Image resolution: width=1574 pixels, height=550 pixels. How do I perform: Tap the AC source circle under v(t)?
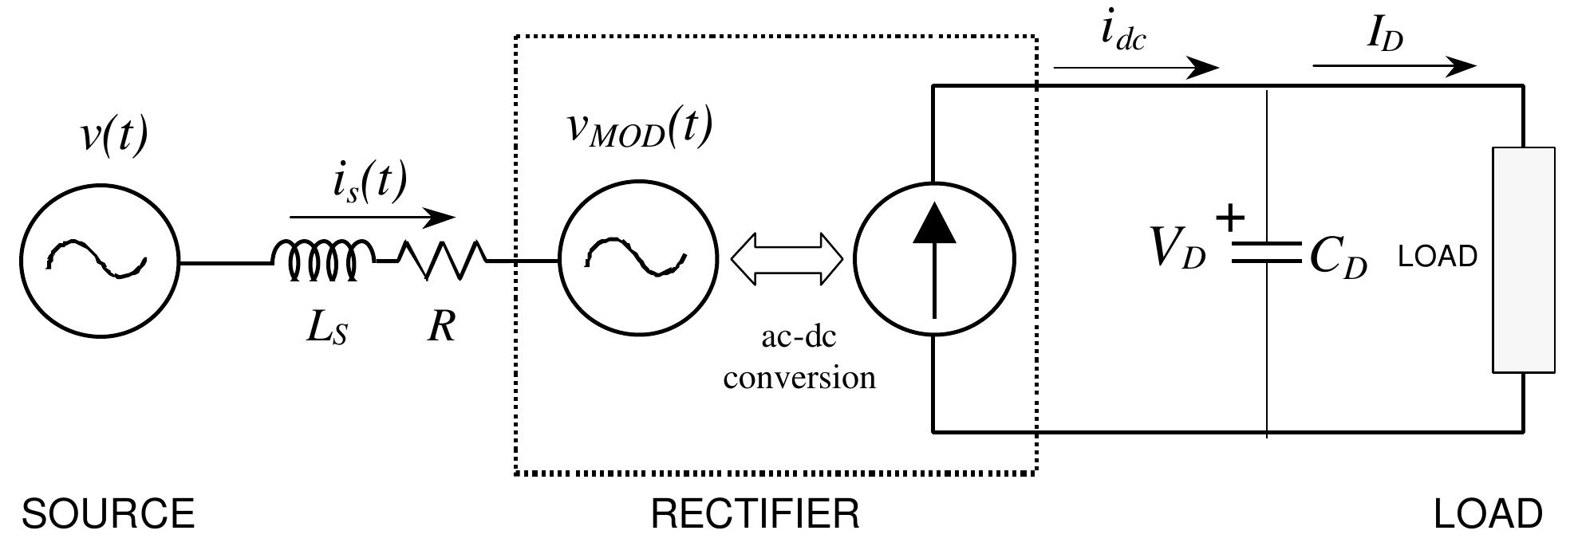pos(99,259)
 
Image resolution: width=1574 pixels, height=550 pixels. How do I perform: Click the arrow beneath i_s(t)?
pos(372,217)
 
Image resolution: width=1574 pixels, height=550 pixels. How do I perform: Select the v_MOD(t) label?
pos(638,130)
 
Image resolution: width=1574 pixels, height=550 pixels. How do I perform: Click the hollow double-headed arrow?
pos(787,259)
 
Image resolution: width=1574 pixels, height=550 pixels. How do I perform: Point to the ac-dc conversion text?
pos(799,357)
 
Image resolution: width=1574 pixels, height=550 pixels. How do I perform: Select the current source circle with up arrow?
pos(934,259)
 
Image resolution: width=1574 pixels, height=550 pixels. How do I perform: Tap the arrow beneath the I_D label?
pos(1393,66)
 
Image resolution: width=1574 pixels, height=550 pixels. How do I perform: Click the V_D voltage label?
pos(1178,249)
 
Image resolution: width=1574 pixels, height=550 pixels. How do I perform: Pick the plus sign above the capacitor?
pos(1230,218)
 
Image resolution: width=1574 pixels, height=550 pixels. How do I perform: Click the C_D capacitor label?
pos(1339,259)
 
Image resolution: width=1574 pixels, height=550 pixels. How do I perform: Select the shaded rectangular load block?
pos(1524,259)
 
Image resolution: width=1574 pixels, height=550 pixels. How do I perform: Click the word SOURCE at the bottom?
pos(108,514)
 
